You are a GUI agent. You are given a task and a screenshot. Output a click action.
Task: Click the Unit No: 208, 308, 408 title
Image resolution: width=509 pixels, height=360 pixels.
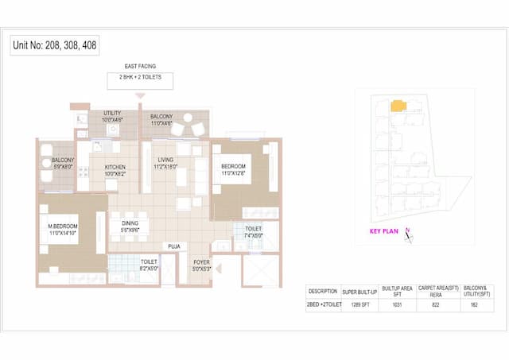(x=55, y=45)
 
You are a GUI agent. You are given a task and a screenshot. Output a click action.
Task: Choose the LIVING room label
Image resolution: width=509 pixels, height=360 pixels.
(x=165, y=164)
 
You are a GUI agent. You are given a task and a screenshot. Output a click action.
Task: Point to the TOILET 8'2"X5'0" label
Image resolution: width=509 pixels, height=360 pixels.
(x=149, y=265)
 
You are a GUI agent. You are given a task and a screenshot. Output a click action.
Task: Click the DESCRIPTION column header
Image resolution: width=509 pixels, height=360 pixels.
(x=324, y=290)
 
